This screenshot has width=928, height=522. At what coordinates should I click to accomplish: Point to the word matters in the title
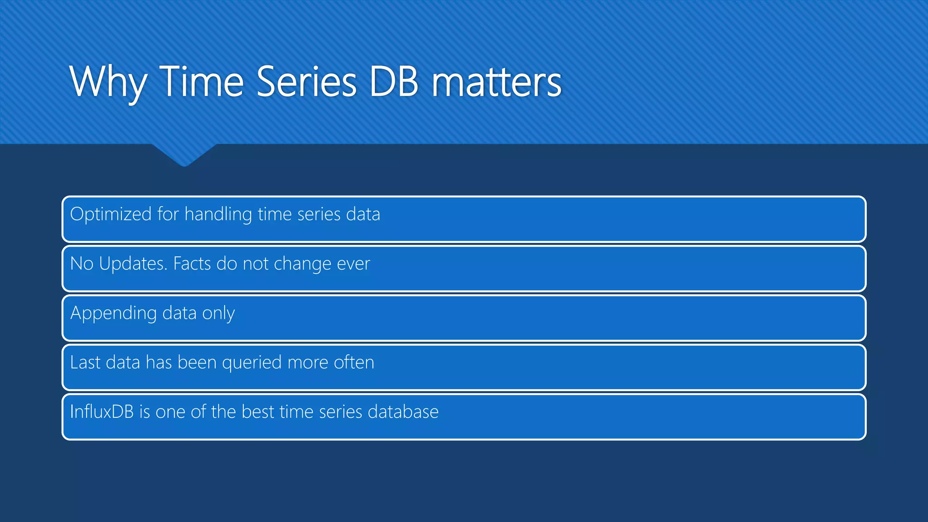(497, 82)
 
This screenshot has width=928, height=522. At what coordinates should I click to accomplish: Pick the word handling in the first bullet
(218, 214)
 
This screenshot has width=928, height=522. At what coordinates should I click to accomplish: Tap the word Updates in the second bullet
(133, 264)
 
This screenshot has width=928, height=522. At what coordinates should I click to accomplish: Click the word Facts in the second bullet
(192, 264)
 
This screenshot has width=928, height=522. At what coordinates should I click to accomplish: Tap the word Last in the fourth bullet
(85, 362)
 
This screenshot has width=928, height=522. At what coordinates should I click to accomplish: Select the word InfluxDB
(102, 412)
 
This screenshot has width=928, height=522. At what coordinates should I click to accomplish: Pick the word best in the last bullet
(258, 412)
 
